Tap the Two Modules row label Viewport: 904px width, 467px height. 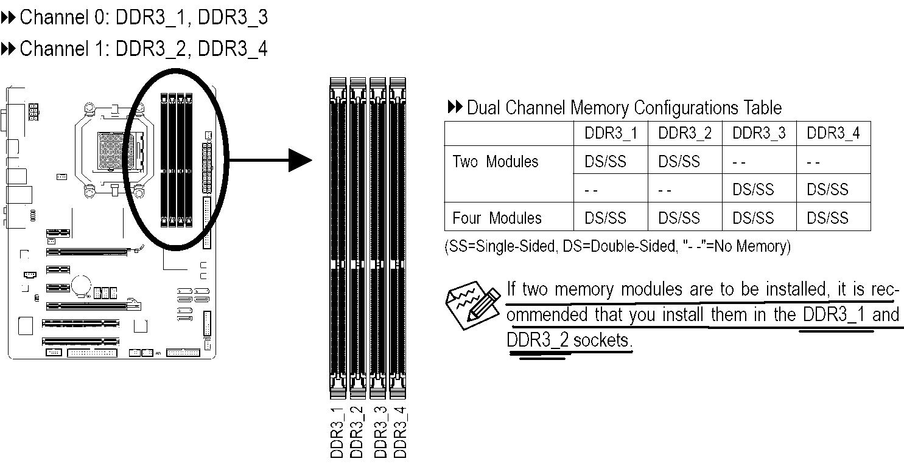496,162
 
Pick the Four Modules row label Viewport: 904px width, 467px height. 497,218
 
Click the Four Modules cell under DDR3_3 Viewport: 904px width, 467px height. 753,218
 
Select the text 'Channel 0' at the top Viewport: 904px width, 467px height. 54,18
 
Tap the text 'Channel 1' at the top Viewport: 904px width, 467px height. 54,49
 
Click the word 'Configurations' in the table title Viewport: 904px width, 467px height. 687,108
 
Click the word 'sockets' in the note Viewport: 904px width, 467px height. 601,341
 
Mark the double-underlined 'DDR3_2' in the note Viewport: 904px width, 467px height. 538,341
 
